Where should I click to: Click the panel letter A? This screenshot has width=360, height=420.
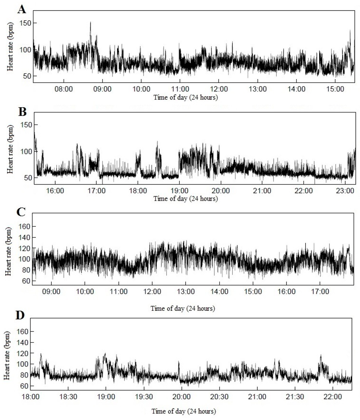22,9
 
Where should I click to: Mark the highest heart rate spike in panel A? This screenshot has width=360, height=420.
90,22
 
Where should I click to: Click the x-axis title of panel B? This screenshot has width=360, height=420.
185,199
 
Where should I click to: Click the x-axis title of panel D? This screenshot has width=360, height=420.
184,411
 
